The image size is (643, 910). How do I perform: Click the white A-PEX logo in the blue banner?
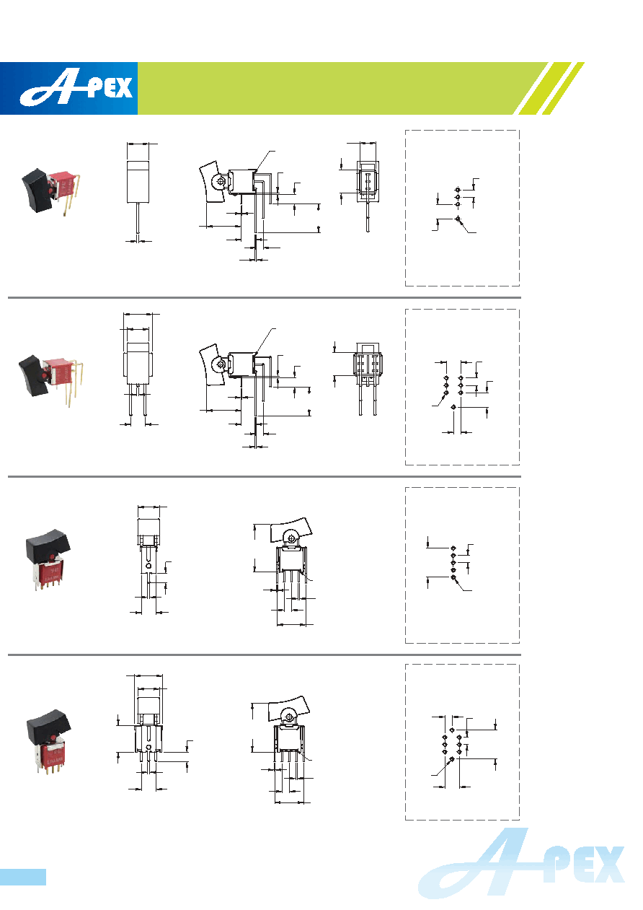(76, 89)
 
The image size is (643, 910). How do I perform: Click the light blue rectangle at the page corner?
(23, 877)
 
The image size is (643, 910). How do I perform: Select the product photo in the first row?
(50, 191)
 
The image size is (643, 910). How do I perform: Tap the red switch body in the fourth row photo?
(53, 753)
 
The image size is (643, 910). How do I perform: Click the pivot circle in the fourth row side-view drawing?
(289, 716)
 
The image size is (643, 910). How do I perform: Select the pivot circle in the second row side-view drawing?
(221, 364)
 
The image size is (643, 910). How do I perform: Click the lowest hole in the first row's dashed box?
(458, 219)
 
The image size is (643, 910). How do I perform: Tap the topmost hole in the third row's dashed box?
(453, 548)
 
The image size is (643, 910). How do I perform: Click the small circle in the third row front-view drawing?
(148, 565)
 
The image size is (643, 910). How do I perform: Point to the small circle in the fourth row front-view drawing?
(148, 748)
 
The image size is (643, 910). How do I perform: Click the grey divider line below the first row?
(265, 298)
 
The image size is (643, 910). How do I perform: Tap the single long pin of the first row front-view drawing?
(138, 219)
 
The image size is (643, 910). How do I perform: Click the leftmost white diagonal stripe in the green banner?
(534, 88)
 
